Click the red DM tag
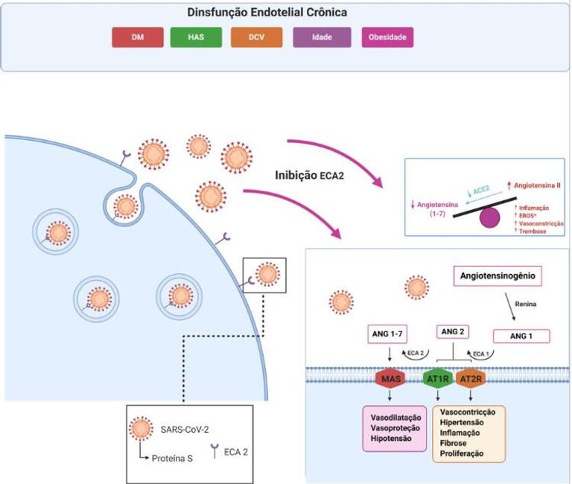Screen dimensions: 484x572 [x=137, y=37]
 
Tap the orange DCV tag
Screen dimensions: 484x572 [x=256, y=37]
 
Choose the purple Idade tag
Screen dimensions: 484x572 [x=322, y=37]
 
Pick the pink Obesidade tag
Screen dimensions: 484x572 [x=387, y=37]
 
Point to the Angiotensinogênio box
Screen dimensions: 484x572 [x=497, y=277]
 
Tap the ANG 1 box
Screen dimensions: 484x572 [x=521, y=336]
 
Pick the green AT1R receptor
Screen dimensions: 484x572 [x=438, y=379]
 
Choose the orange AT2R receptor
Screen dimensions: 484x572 [x=471, y=379]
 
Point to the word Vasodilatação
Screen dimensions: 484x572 [x=395, y=418]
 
